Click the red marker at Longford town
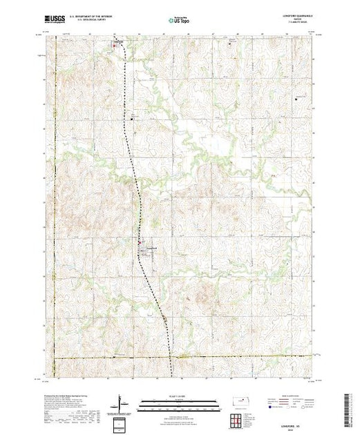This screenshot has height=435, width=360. (142, 243)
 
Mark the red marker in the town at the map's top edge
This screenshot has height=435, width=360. (115, 46)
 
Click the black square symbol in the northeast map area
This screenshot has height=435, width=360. (296, 97)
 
